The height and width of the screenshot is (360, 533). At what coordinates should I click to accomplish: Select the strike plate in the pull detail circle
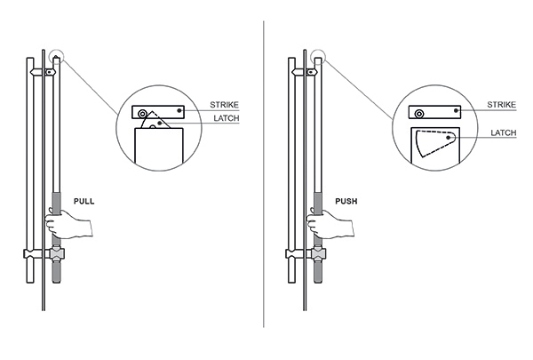(x=159, y=112)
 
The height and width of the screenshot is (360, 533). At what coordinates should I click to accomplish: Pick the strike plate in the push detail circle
(x=435, y=113)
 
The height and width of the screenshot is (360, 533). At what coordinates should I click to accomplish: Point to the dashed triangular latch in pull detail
(x=156, y=121)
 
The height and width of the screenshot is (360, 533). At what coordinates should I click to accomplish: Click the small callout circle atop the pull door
(x=58, y=58)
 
